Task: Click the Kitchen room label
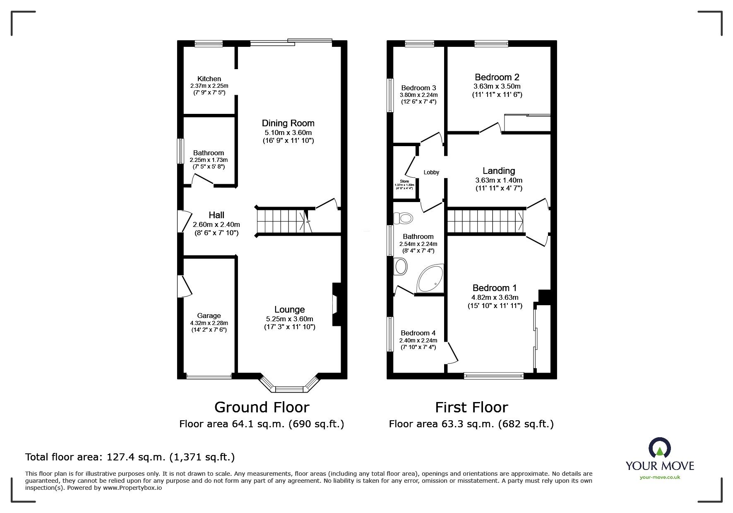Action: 209,79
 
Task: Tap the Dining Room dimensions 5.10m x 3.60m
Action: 288,133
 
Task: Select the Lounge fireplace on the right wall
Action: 336,305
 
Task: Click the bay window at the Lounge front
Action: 289,385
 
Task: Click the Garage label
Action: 209,316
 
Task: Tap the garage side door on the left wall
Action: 185,286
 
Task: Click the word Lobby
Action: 431,172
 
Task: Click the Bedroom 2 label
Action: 497,77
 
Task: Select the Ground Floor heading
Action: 262,407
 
